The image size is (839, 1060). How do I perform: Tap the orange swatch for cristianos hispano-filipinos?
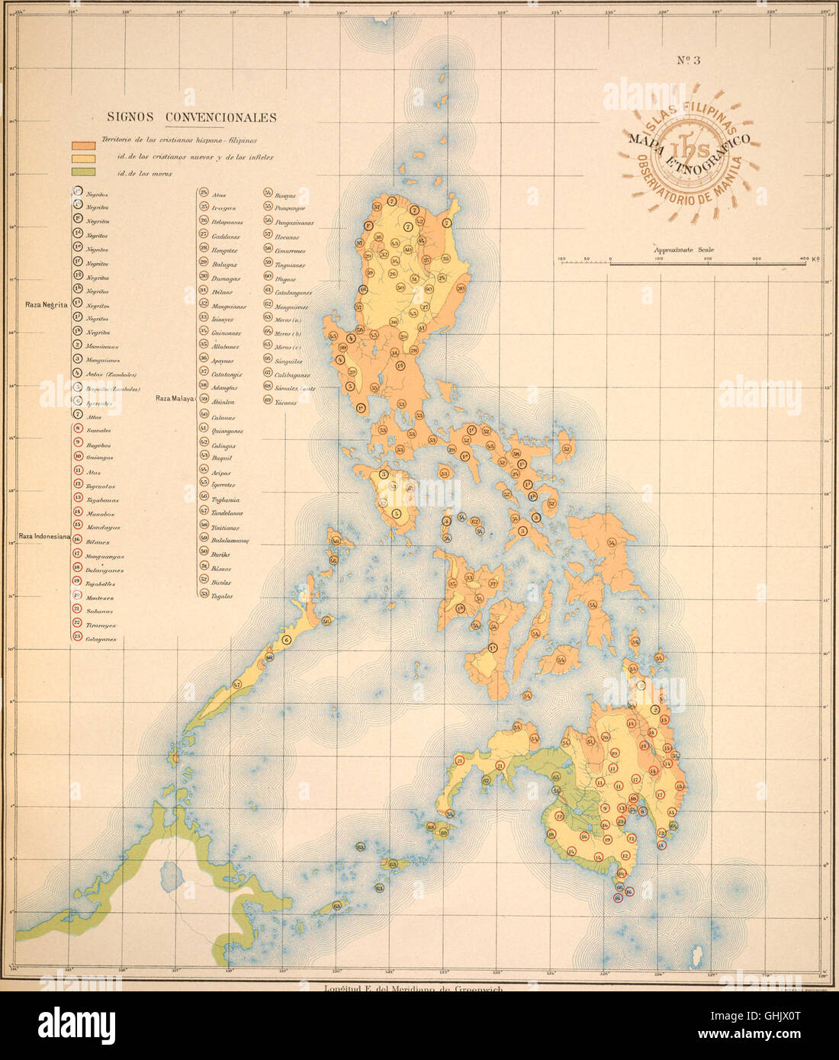tap(83, 144)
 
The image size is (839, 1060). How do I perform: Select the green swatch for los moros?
tap(83, 172)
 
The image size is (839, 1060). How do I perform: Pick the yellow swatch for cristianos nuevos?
tap(83, 158)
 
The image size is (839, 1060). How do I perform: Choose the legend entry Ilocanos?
tap(287, 237)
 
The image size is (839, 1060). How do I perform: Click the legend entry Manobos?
tap(100, 514)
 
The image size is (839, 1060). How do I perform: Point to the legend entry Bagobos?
tap(98, 445)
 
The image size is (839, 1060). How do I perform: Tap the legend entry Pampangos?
tap(290, 208)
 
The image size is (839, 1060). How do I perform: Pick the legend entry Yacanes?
tap(285, 403)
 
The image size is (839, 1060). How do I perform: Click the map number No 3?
tap(689, 62)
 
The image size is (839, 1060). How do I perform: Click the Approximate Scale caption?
tap(683, 249)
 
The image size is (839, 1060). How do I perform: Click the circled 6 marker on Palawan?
tap(287, 640)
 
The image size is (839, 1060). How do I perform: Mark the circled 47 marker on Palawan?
tap(237, 684)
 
